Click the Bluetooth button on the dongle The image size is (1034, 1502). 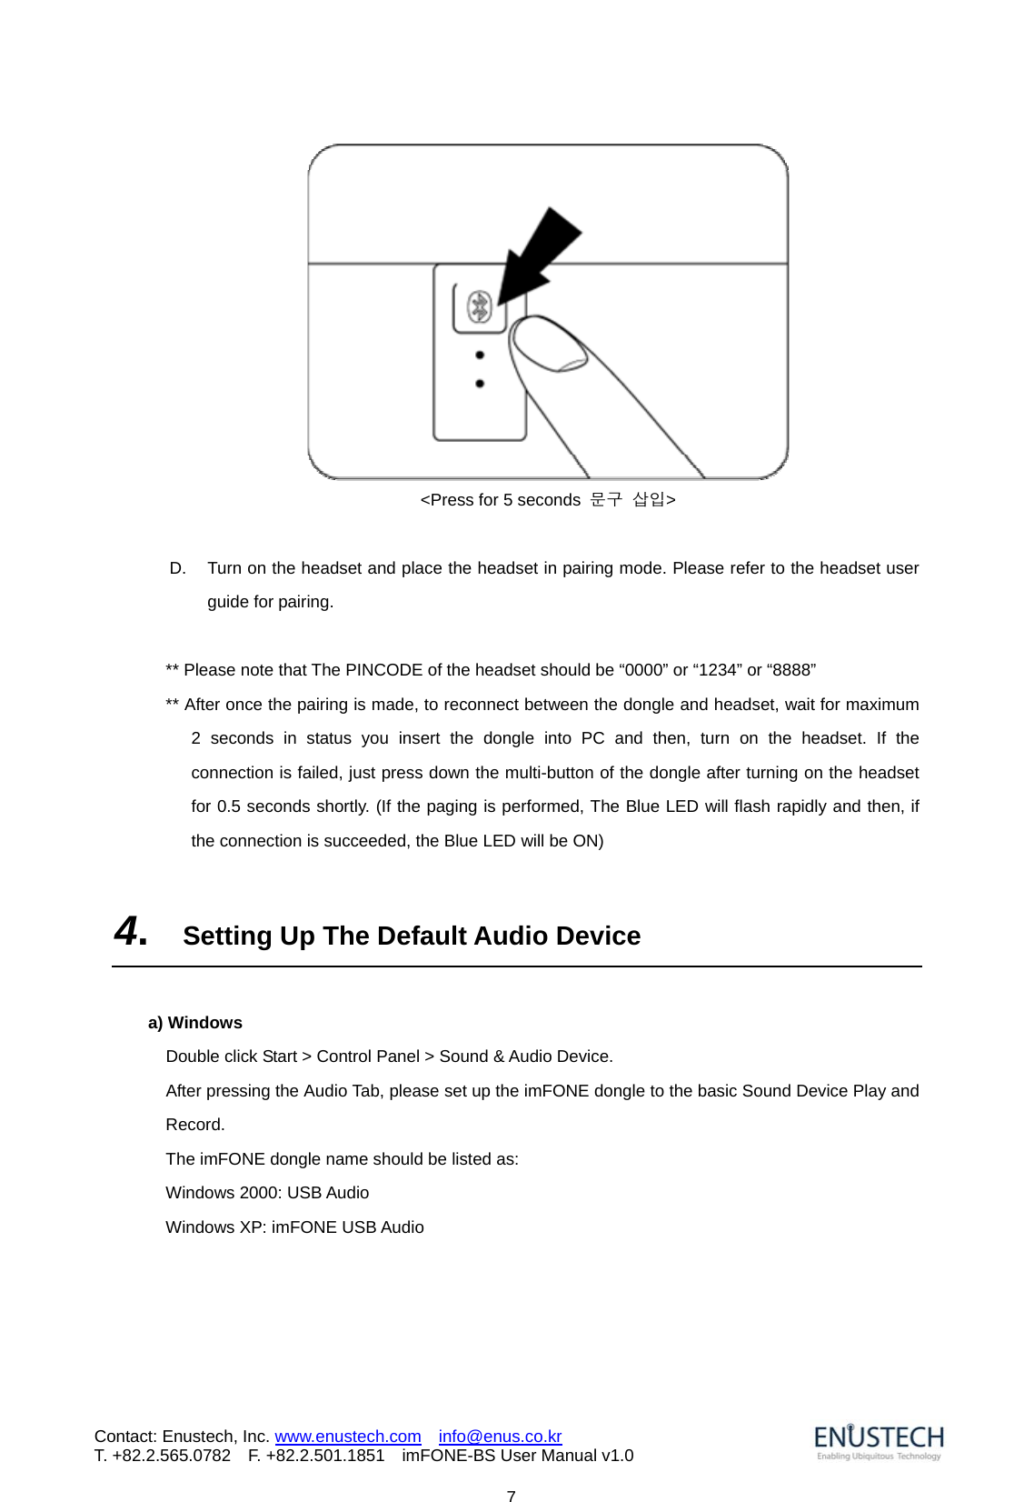coord(480,308)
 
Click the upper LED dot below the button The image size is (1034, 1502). coord(480,355)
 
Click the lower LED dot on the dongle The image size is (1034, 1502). coord(480,384)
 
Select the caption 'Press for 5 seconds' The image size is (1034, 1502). coord(501,500)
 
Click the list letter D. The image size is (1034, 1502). coord(178,568)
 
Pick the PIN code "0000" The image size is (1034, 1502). coord(643,670)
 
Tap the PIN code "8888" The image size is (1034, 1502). coord(791,670)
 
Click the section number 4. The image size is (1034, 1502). coord(131,932)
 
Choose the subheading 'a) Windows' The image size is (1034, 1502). coord(195,1023)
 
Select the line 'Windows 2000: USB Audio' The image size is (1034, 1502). coord(267,1193)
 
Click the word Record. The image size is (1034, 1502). coord(194,1125)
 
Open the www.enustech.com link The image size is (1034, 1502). coord(348,1437)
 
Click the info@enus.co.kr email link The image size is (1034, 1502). coord(500,1437)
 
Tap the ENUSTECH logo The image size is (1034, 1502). coord(879,1441)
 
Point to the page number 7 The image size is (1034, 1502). coord(512,1496)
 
